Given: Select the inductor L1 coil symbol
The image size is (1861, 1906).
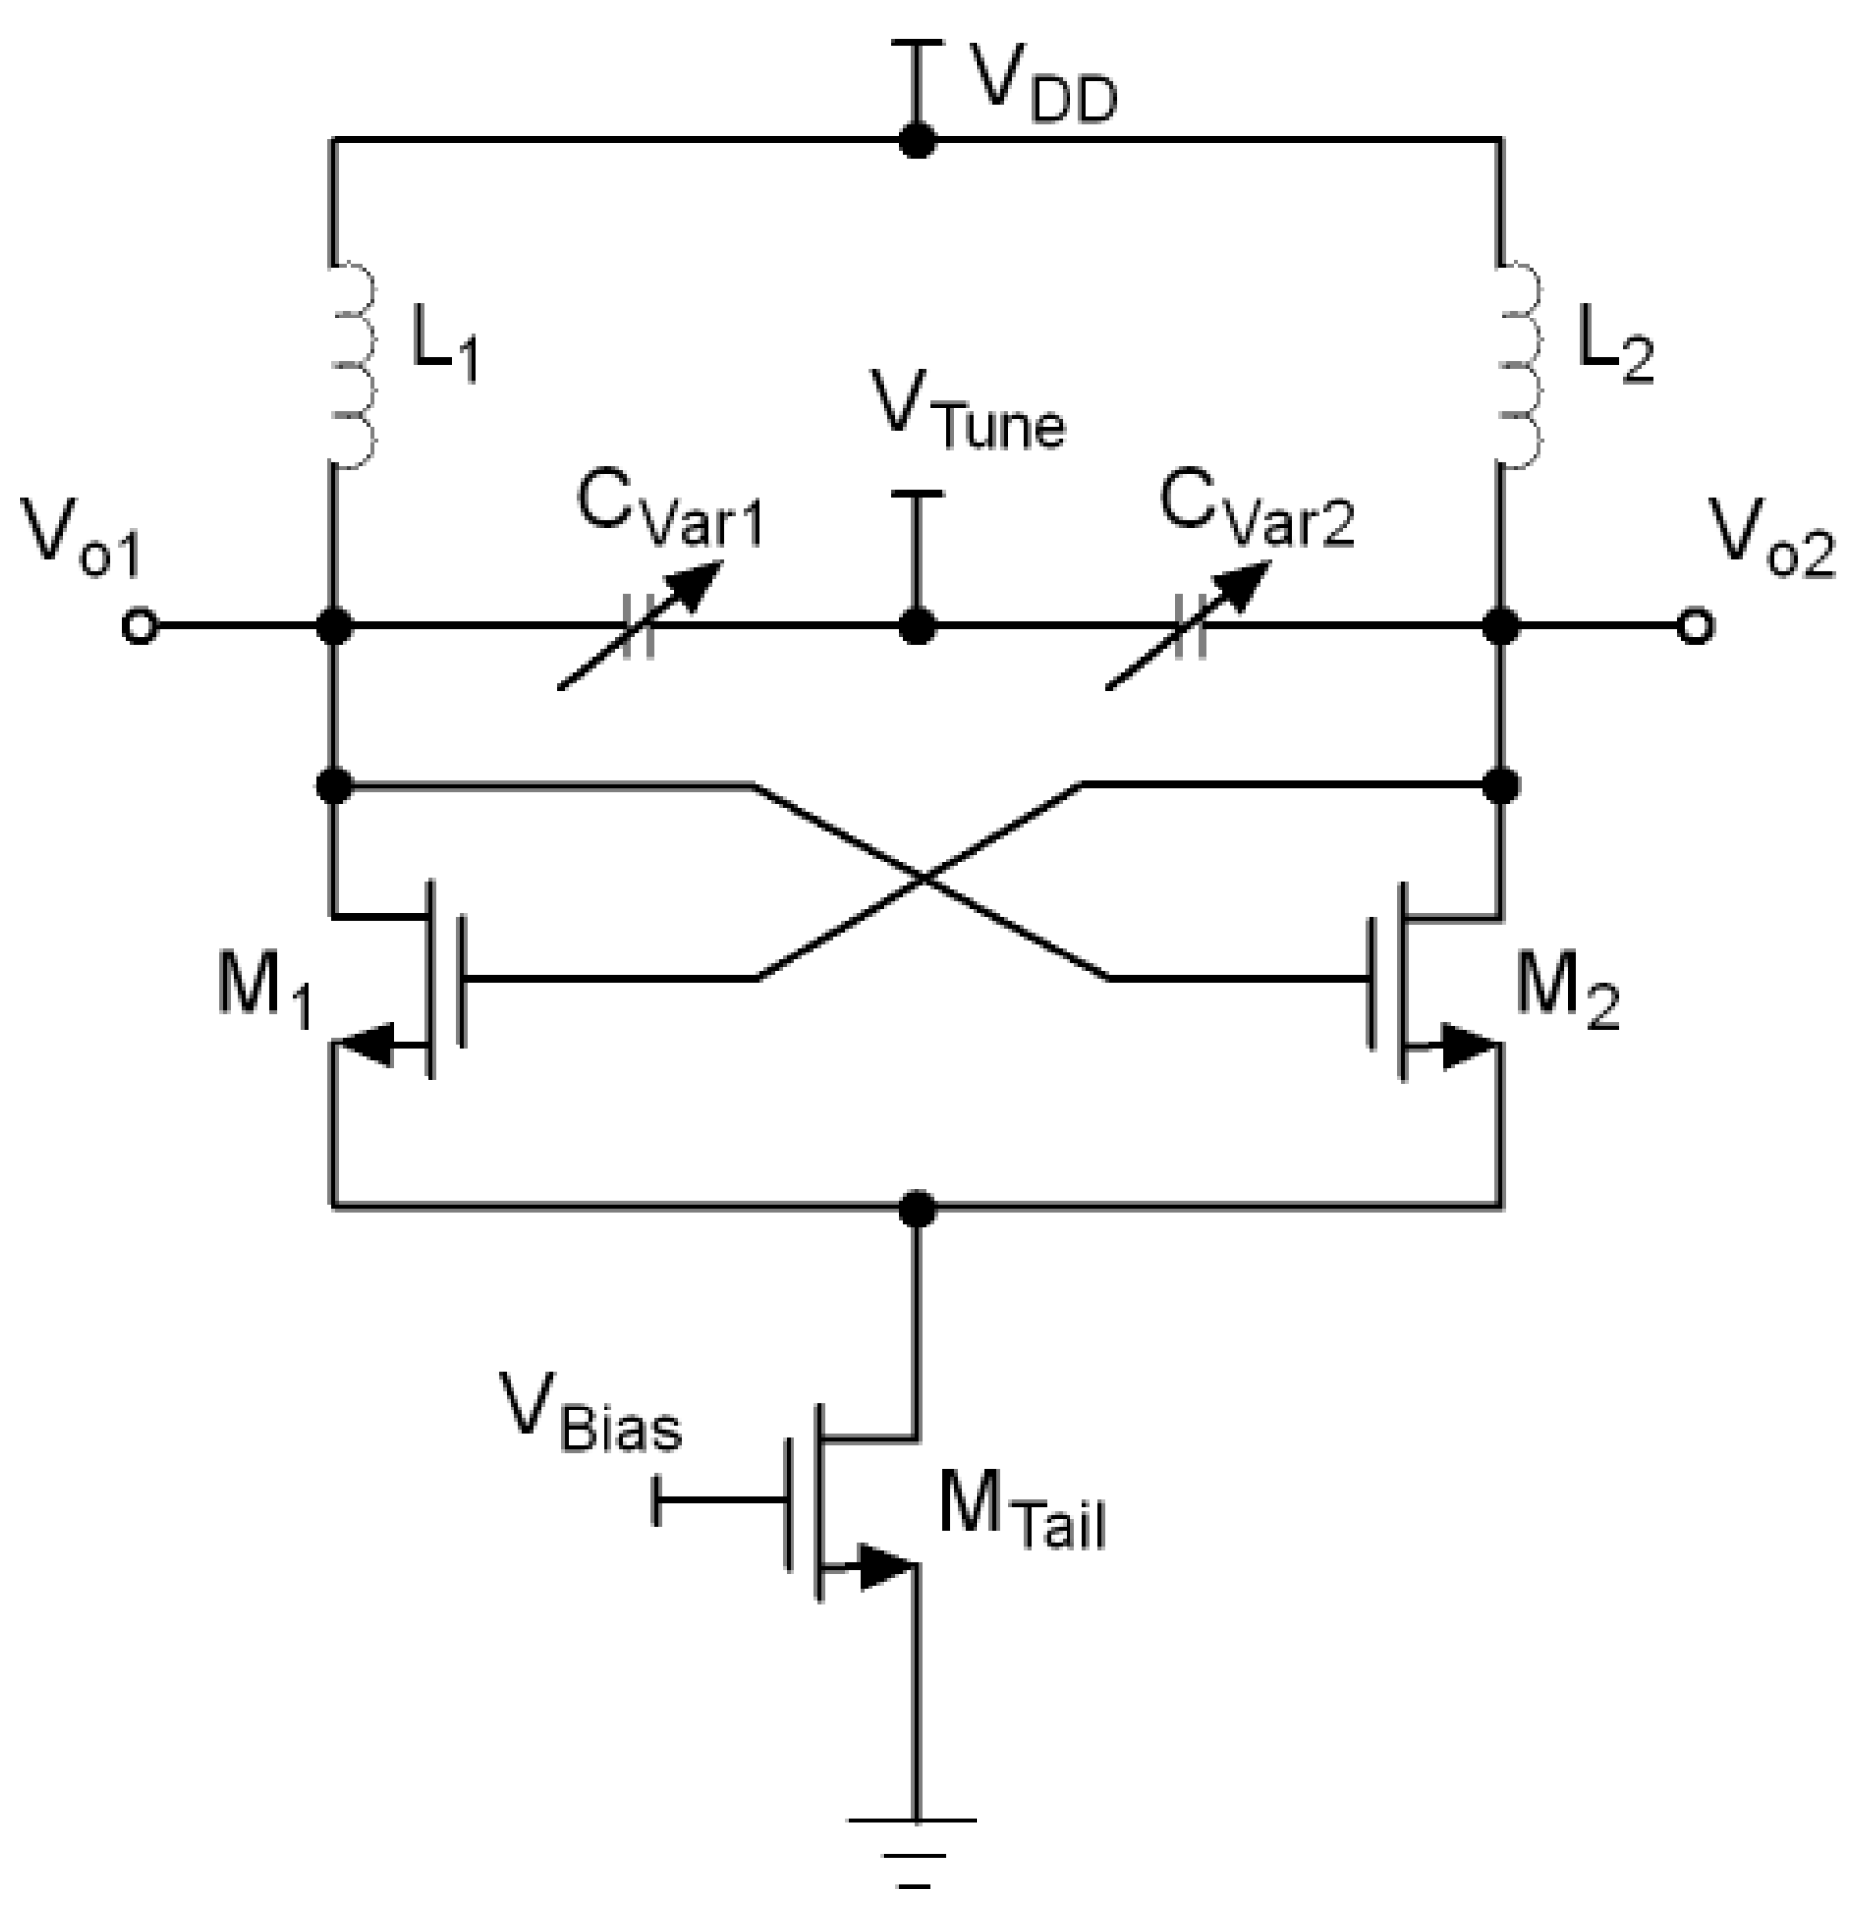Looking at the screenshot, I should [x=353, y=365].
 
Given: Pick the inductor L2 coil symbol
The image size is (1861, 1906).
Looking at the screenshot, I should [x=1520, y=365].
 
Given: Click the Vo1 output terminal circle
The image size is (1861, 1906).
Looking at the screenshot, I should [x=139, y=627].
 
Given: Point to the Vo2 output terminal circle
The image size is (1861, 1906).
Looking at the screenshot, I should [x=1695, y=627].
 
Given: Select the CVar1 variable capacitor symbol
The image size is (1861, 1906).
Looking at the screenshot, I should [x=639, y=627].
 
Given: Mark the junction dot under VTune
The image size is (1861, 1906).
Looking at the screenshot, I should [x=917, y=627].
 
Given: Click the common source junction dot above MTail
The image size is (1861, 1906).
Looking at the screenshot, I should [x=918, y=1208].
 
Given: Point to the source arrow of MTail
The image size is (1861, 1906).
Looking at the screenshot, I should [x=884, y=1568].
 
